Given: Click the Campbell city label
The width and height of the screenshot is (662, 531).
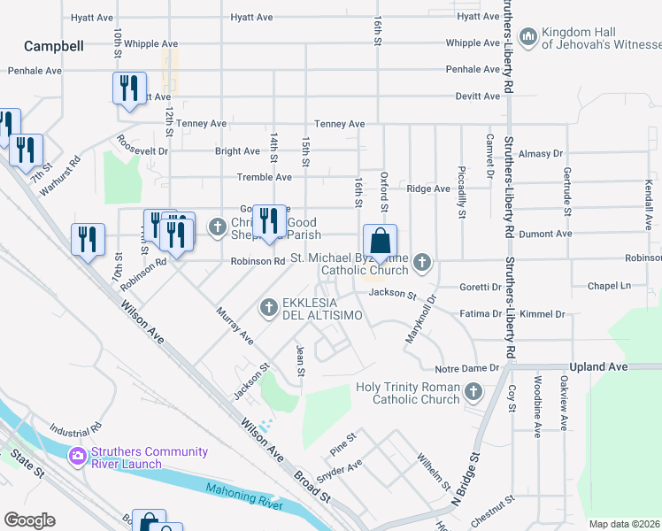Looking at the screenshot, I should coord(54,46).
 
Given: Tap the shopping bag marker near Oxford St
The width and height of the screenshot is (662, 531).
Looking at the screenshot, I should coord(380,242).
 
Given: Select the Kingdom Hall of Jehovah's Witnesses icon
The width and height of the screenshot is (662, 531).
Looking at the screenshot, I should coord(528,36).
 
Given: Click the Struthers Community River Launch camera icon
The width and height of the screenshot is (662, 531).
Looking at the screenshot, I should coord(77,457).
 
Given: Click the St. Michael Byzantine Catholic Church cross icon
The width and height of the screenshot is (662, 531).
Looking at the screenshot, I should coord(423,262).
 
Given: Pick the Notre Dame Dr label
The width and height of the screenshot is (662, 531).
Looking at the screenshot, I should coord(468,368).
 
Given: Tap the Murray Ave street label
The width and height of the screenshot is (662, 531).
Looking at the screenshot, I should coord(235,327).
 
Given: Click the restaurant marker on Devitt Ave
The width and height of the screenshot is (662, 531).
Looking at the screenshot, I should coord(128,89).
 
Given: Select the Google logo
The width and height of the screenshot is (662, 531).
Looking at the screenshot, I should coord(29,520).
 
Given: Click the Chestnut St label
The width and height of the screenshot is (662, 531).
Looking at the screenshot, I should coord(493,509).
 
